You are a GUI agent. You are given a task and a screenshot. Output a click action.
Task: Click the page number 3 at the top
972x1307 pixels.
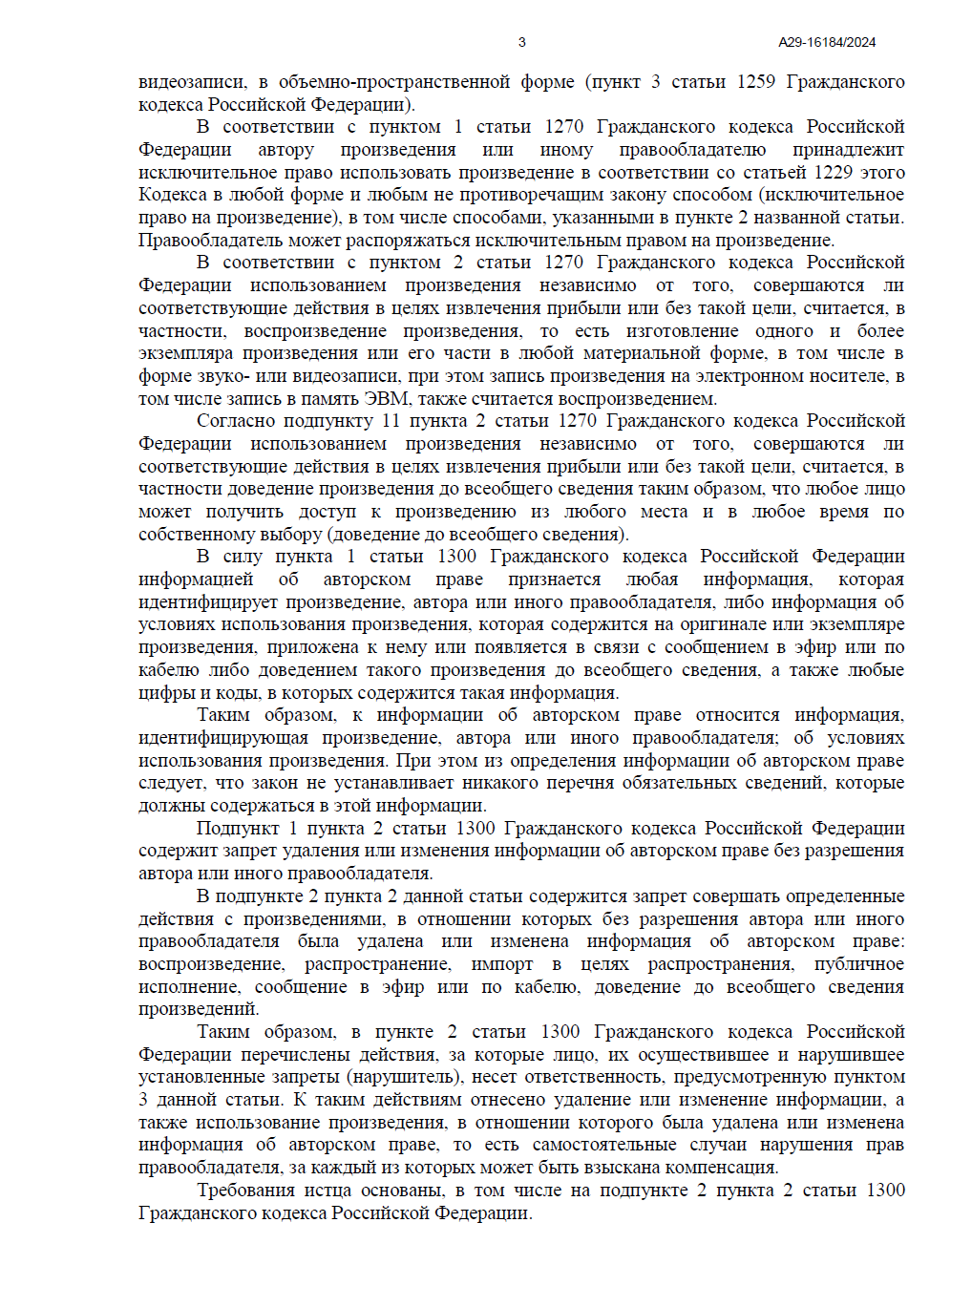point(521,42)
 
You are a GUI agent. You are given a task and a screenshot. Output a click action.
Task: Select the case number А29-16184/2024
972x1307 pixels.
point(827,42)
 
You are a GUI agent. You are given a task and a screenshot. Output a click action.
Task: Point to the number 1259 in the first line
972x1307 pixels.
point(755,82)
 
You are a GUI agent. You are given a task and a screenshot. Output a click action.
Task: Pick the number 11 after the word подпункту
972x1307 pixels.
point(391,421)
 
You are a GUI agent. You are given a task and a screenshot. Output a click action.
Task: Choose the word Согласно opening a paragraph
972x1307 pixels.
point(231,421)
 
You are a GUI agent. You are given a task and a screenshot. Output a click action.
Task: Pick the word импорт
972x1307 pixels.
point(502,964)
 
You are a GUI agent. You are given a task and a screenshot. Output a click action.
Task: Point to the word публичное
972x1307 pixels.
point(858,964)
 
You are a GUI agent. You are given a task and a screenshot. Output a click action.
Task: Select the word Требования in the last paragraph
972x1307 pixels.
point(245,1191)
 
